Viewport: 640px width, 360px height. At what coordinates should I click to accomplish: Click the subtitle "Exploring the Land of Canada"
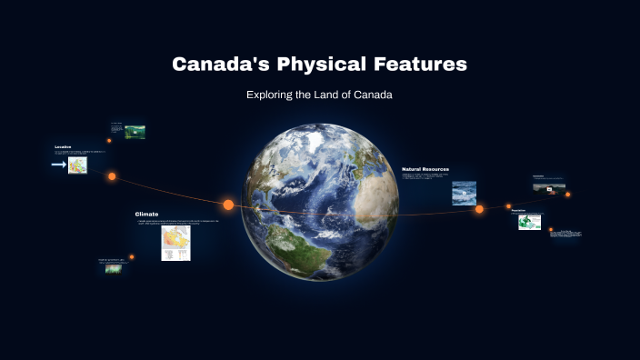click(x=319, y=95)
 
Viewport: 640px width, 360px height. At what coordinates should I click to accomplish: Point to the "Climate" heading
click(x=146, y=214)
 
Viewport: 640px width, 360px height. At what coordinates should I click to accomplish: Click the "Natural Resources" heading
click(x=425, y=169)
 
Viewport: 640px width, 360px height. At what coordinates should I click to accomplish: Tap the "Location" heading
click(x=63, y=146)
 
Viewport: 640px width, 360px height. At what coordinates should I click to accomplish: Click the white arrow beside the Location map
click(x=58, y=165)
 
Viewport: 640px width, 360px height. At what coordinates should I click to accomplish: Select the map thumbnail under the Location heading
click(x=77, y=165)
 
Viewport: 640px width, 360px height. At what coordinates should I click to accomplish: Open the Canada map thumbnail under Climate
click(x=175, y=243)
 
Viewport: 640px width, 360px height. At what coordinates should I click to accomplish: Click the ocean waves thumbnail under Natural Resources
click(x=464, y=192)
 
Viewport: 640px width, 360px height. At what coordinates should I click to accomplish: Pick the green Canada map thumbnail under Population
click(x=529, y=222)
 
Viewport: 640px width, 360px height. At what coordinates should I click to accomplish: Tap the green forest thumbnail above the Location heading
click(x=135, y=132)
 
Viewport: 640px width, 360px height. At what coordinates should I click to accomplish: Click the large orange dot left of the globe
click(x=228, y=205)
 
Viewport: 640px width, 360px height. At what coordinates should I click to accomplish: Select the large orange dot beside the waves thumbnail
click(x=479, y=209)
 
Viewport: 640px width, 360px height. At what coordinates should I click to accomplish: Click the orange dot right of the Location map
click(x=112, y=176)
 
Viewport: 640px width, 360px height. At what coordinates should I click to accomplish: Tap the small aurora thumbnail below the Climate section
click(x=114, y=269)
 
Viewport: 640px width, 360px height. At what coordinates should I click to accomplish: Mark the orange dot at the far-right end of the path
click(x=568, y=195)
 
